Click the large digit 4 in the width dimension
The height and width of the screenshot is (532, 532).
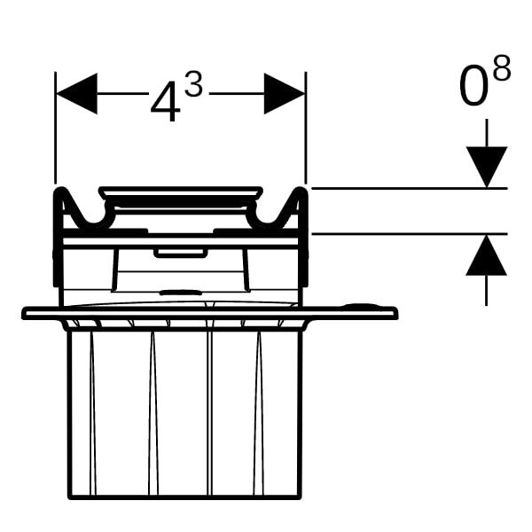[x=165, y=102]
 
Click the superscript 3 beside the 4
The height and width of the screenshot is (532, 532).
[x=193, y=85]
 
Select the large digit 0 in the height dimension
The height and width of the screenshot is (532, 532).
[x=473, y=87]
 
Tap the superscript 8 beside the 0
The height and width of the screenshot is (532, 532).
[x=502, y=68]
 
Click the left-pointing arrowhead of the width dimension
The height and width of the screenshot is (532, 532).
[x=76, y=94]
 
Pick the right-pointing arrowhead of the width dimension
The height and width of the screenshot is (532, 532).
[x=285, y=94]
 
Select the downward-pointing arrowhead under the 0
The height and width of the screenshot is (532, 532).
[x=487, y=167]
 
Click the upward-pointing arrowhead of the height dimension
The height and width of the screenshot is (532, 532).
[x=487, y=254]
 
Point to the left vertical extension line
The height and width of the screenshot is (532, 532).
[x=55, y=128]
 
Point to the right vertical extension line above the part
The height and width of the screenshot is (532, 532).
[x=306, y=128]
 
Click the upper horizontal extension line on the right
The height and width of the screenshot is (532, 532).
[x=410, y=188]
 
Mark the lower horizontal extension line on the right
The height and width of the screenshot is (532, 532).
[x=410, y=234]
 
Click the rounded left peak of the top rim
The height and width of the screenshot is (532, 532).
[x=61, y=191]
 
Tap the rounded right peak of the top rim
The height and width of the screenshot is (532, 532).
[x=300, y=191]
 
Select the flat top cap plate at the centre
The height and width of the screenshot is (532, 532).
[x=181, y=192]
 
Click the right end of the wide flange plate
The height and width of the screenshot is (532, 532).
[x=395, y=313]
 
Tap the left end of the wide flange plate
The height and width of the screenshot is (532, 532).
[x=25, y=313]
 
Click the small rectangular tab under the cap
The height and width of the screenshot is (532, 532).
[x=181, y=253]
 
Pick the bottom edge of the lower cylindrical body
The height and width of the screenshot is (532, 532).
[x=185, y=497]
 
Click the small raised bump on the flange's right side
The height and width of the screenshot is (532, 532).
[x=357, y=305]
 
